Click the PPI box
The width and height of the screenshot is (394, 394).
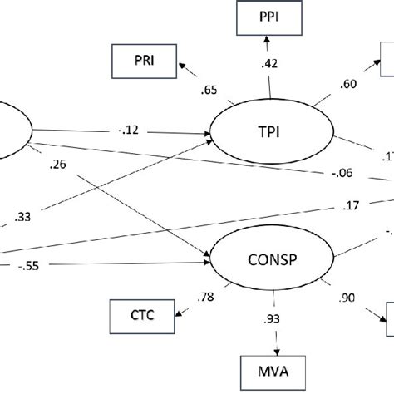pyautogui.click(x=268, y=16)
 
